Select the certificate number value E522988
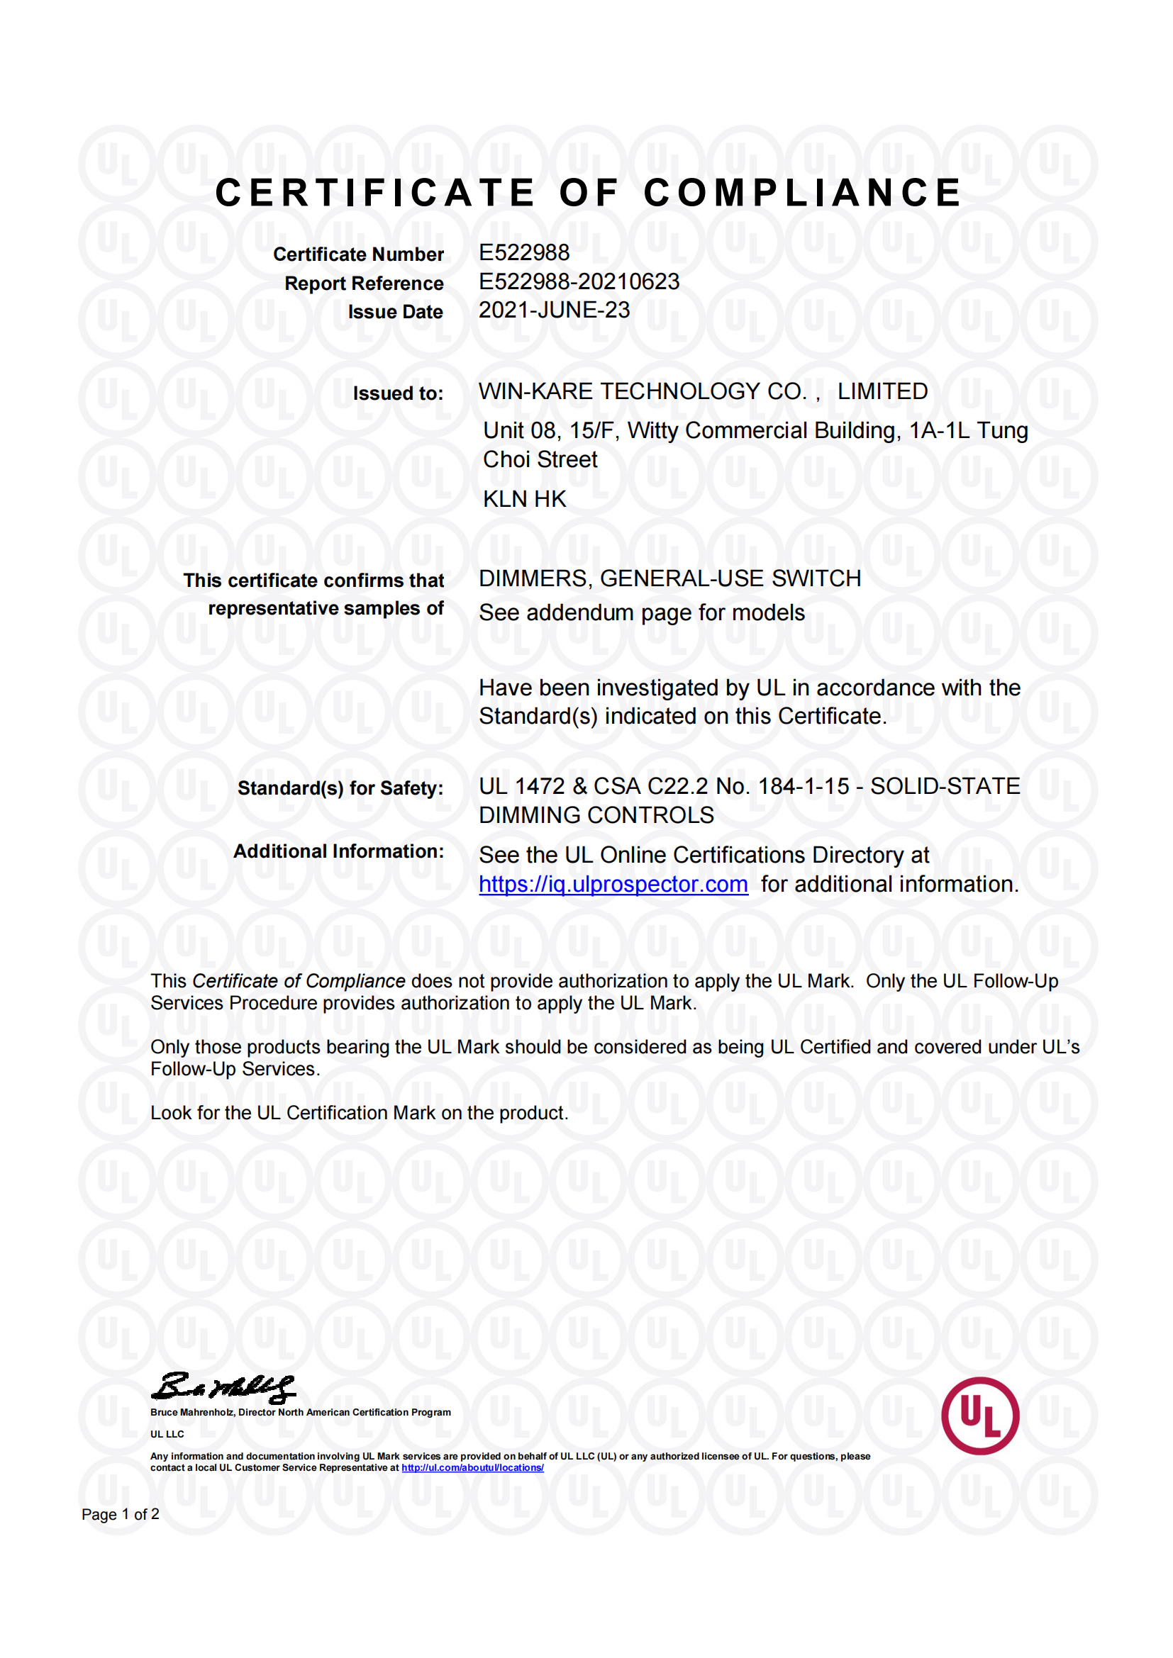click(523, 252)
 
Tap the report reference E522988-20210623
click(579, 281)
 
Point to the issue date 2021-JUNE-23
click(554, 310)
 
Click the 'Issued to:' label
click(397, 393)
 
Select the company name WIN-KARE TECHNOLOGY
click(640, 391)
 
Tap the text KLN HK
click(524, 499)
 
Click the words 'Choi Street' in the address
click(540, 459)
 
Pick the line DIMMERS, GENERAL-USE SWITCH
click(669, 578)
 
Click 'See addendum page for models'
click(641, 612)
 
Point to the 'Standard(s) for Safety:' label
click(340, 788)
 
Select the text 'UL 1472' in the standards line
click(521, 785)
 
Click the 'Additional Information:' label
click(338, 851)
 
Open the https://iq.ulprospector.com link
click(613, 884)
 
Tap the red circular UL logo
click(979, 1416)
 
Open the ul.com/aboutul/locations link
click(472, 1467)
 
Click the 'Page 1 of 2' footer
click(120, 1514)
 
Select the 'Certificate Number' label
click(358, 254)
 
